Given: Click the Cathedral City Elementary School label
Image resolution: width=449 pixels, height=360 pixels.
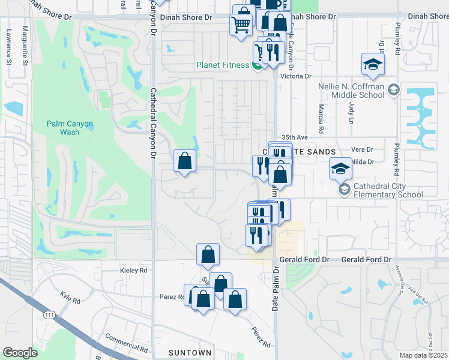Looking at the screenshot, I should click(388, 190).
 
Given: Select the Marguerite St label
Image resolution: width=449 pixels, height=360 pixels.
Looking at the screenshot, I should click(25, 40).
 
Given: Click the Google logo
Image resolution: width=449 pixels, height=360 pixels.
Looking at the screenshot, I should click(19, 353).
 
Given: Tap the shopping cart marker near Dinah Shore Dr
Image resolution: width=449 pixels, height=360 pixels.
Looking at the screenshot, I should click(241, 25).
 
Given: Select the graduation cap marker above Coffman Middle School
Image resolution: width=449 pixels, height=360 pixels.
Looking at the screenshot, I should click(372, 64).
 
